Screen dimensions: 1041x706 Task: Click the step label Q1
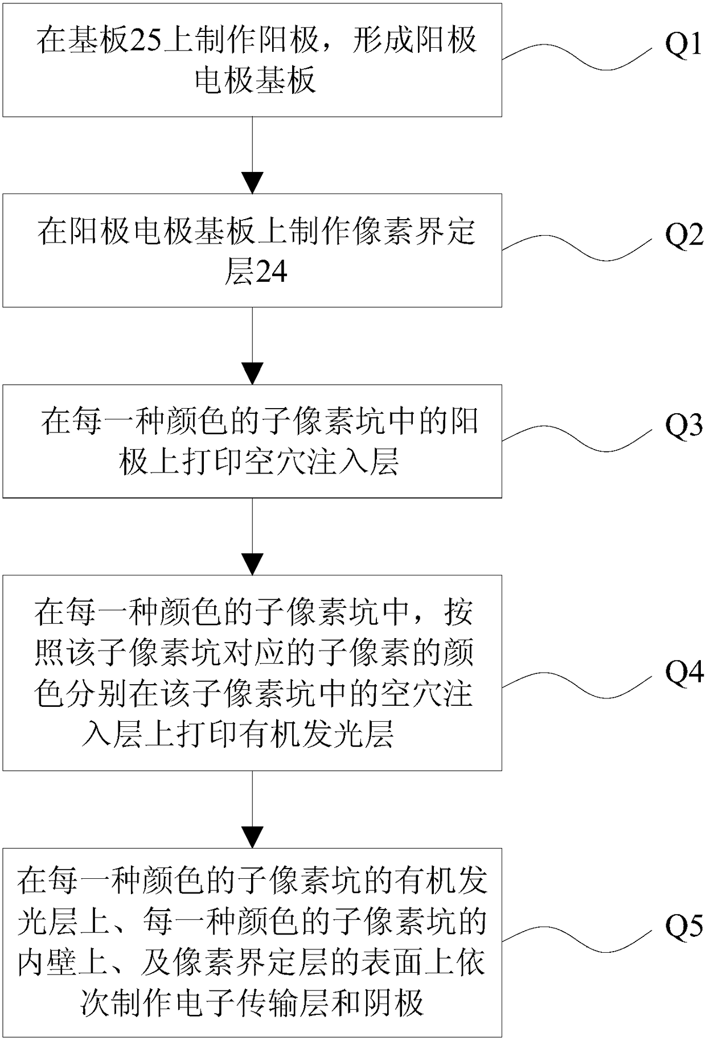click(684, 45)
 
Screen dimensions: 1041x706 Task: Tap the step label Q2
click(684, 235)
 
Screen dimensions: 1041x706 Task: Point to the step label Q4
click(684, 673)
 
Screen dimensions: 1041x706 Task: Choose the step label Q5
click(684, 928)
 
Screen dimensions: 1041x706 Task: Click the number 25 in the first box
click(147, 41)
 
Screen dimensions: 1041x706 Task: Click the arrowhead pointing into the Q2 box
click(252, 183)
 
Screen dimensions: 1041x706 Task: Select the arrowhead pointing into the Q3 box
click(252, 374)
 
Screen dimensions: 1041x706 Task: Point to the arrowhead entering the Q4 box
click(252, 565)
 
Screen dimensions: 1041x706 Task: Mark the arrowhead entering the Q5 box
click(252, 838)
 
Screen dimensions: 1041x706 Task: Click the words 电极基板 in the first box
click(255, 80)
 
